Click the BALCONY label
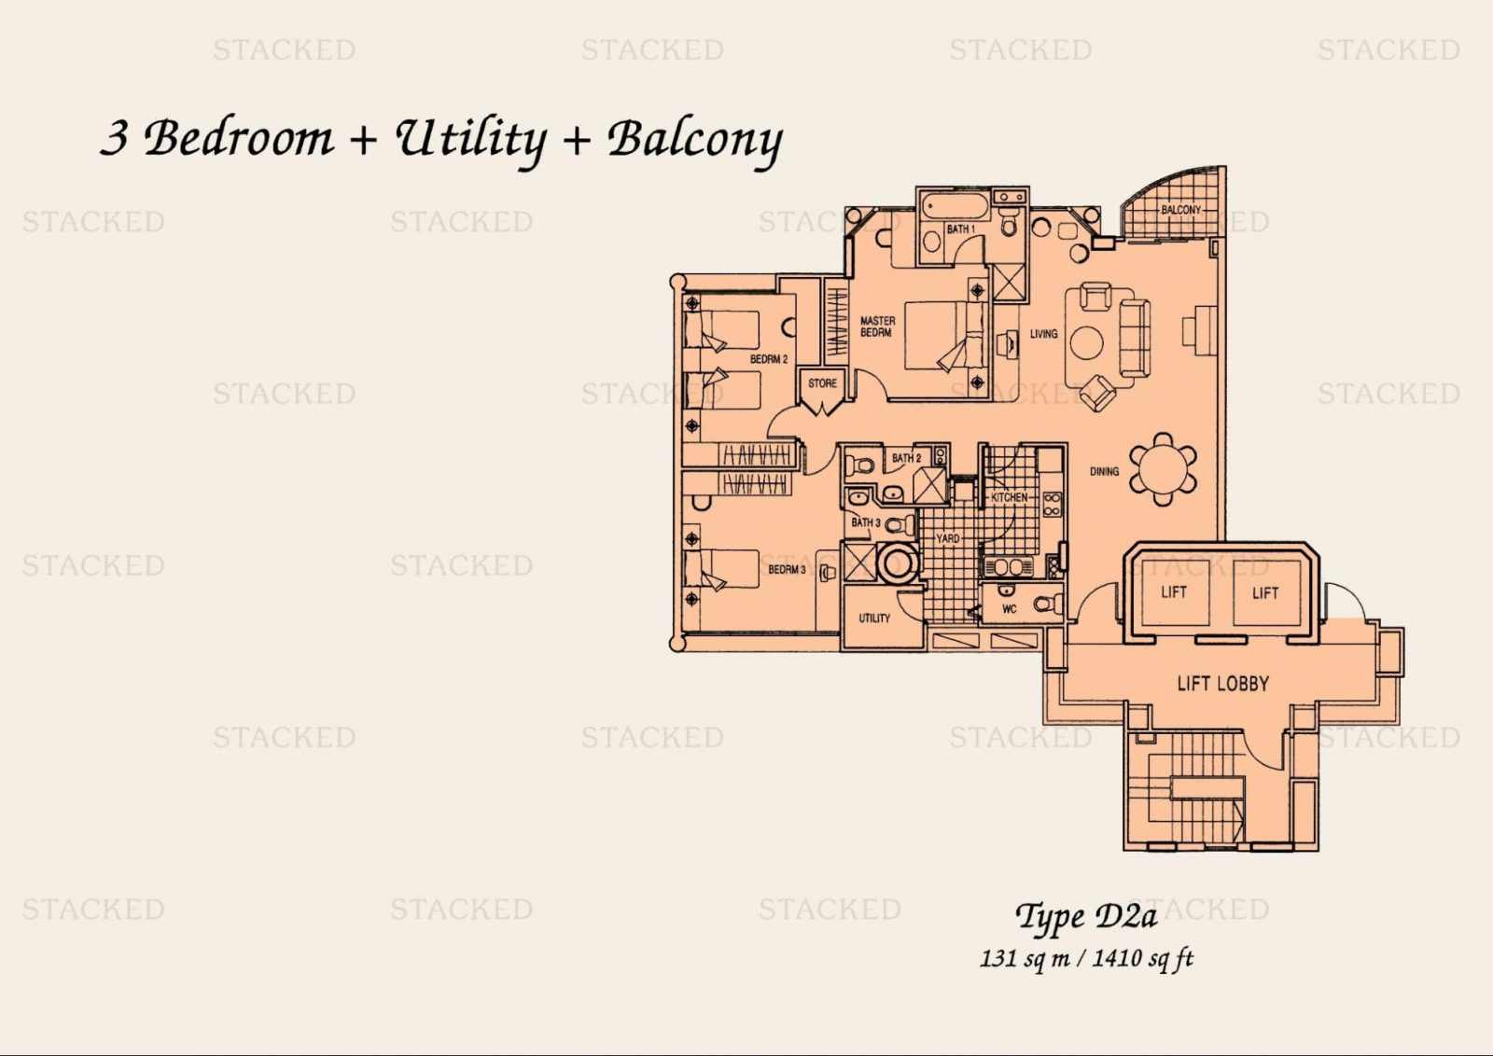(1180, 209)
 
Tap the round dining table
(1164, 470)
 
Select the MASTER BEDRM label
(877, 327)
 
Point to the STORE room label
(822, 383)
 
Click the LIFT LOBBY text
(1223, 683)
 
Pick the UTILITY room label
(873, 618)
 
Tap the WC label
(1009, 609)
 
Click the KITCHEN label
(1009, 497)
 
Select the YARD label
(948, 537)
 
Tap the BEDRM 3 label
(787, 570)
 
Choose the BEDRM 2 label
(769, 359)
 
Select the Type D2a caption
(1087, 918)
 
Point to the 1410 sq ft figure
(1144, 959)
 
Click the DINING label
(1104, 471)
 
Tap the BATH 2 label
(906, 458)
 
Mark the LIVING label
(1044, 333)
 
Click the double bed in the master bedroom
(944, 335)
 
